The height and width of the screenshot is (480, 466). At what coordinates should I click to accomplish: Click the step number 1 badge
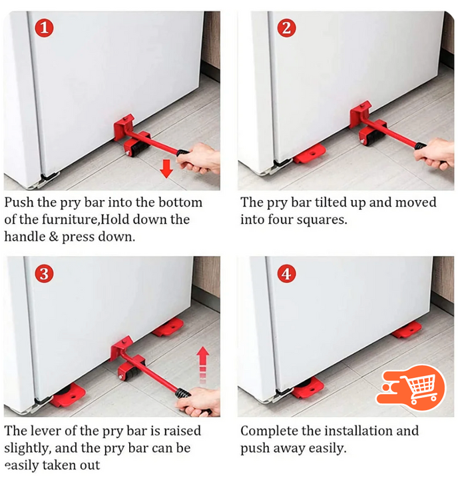click(44, 28)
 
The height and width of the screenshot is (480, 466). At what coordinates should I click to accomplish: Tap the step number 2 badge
click(286, 28)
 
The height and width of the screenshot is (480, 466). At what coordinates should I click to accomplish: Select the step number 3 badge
click(44, 273)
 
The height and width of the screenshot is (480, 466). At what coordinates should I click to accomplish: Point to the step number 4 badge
click(286, 273)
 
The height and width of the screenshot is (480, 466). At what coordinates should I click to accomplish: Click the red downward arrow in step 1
click(166, 169)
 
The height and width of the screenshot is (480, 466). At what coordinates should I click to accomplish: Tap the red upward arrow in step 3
click(203, 365)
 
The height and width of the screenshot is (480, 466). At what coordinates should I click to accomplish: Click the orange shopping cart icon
click(411, 388)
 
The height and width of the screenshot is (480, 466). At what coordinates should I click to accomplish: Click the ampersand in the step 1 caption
click(53, 237)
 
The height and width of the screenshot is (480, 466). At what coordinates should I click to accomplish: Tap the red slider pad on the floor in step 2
click(310, 153)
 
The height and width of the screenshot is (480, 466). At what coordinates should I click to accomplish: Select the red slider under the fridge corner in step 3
click(69, 395)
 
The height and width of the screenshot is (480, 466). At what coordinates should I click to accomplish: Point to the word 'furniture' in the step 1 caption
click(70, 219)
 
